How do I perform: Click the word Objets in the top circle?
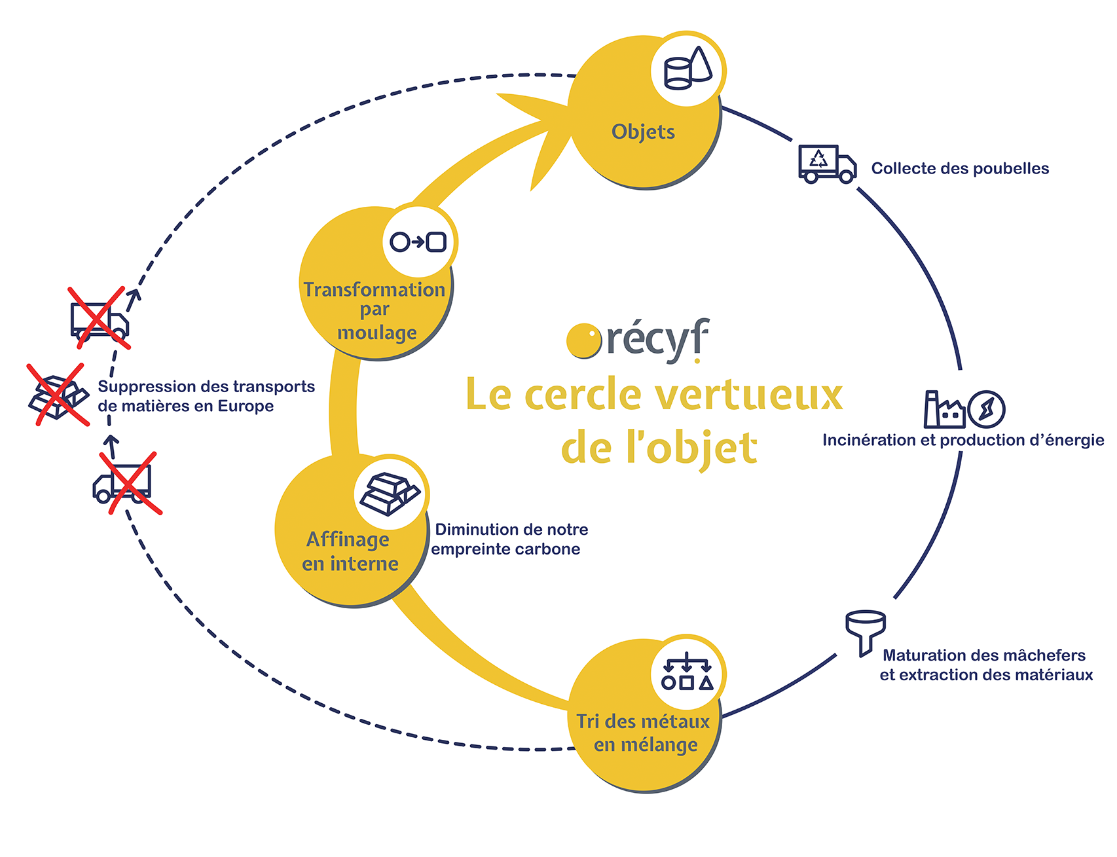click(643, 132)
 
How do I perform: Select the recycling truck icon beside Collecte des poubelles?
click(827, 163)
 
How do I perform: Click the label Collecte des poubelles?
click(960, 168)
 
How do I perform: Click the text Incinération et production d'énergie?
click(963, 440)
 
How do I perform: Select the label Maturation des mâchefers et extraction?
click(986, 665)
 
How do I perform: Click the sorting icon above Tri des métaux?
click(688, 671)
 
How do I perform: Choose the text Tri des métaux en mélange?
click(643, 732)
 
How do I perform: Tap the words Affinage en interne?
click(350, 551)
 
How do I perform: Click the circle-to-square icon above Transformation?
click(418, 241)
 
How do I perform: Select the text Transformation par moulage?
click(374, 310)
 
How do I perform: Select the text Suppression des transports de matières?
click(206, 396)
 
